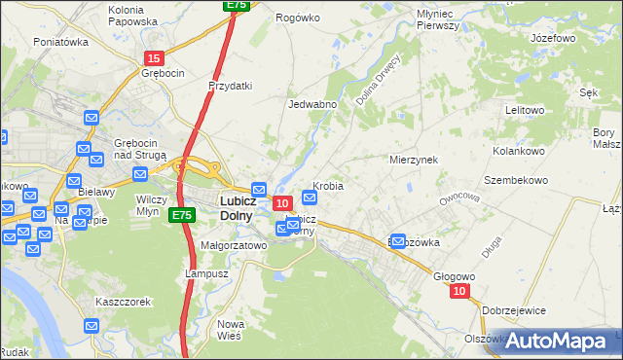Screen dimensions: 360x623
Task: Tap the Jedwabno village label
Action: point(312,104)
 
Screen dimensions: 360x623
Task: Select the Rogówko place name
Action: point(298,18)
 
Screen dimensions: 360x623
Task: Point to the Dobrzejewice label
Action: point(531,309)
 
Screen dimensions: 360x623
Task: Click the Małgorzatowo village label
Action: point(234,246)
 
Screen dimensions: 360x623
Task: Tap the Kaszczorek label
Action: point(123,302)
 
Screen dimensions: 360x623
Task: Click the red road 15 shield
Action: point(154,59)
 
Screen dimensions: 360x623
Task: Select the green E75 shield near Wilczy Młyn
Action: point(180,215)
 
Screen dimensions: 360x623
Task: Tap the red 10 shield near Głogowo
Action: point(460,291)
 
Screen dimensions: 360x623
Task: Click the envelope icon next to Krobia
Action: point(309,196)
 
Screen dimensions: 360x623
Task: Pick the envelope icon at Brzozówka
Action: point(398,242)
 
